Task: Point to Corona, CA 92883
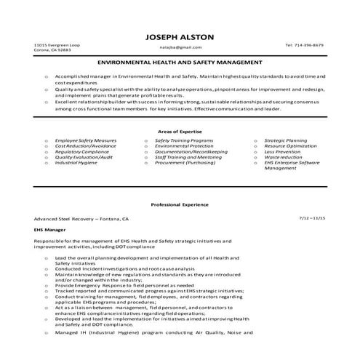click(x=52, y=50)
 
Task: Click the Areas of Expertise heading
click(x=180, y=110)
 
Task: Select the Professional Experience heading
click(x=180, y=204)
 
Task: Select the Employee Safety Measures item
click(x=85, y=119)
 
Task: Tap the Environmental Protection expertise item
click(x=185, y=124)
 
